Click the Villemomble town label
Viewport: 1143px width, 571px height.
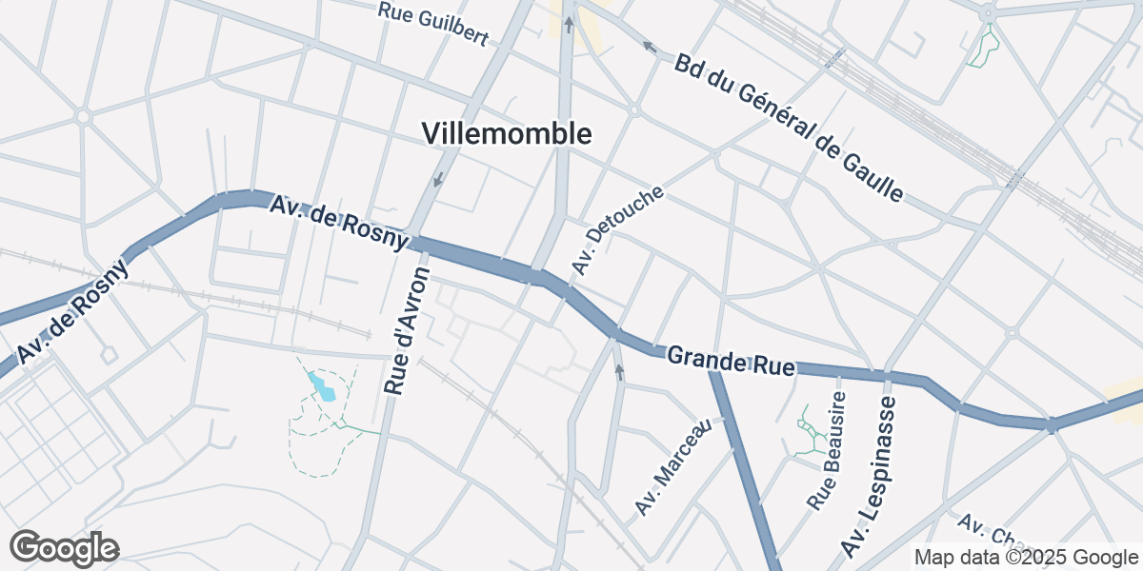pos(507,134)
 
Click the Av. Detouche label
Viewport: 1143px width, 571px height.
pos(616,230)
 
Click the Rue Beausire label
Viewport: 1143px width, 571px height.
pos(825,451)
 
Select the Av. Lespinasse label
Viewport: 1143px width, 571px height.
pos(869,477)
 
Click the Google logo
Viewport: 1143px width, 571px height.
pos(64,548)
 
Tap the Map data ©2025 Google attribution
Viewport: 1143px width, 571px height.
pos(1027,557)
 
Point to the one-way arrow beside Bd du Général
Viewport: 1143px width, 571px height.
pos(650,45)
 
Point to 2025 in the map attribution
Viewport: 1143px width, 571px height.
pos(1037,557)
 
